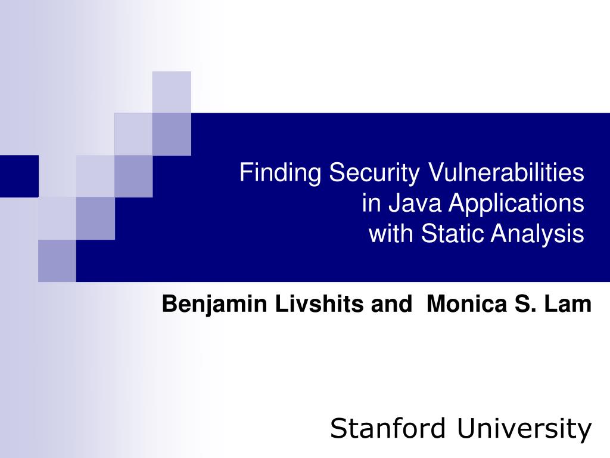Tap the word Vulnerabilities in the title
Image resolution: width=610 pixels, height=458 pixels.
click(x=506, y=174)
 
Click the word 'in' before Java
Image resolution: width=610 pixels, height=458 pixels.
click(x=371, y=203)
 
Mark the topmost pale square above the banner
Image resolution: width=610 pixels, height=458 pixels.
click(x=172, y=91)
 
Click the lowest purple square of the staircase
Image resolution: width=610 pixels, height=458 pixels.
click(x=57, y=260)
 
